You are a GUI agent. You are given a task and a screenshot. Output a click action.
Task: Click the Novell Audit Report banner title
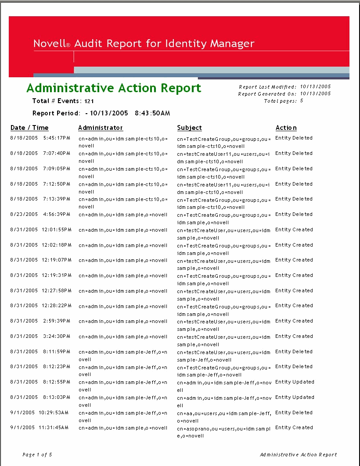point(144,43)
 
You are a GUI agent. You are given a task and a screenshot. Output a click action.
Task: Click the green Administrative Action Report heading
point(114,88)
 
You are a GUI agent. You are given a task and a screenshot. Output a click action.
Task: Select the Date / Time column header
point(29,128)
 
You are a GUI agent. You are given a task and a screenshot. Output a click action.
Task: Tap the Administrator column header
point(101,128)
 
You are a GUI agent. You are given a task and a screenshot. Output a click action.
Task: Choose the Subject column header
point(190,128)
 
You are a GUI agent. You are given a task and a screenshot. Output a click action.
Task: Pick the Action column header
point(286,128)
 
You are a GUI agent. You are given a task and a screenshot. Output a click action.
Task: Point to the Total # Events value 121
point(89,101)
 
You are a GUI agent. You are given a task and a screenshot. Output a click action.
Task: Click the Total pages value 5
point(302,101)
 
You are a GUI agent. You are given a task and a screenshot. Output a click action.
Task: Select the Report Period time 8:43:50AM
point(152,113)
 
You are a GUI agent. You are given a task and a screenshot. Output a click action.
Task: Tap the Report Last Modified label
point(268,87)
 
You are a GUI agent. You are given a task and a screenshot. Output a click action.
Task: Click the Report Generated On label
point(267,94)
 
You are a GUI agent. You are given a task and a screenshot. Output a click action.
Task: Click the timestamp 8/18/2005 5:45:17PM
point(40,138)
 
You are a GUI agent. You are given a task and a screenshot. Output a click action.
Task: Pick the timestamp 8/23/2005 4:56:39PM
point(40,214)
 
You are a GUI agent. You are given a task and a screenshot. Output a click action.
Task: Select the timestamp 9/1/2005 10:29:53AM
point(40,412)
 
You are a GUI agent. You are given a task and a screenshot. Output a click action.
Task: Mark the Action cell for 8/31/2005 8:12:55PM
point(295,382)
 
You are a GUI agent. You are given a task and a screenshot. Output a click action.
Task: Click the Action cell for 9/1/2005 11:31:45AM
point(294,427)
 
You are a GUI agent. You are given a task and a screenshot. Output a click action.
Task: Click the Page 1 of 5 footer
point(37,455)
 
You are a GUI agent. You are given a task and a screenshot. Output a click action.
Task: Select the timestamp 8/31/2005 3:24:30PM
point(40,336)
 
